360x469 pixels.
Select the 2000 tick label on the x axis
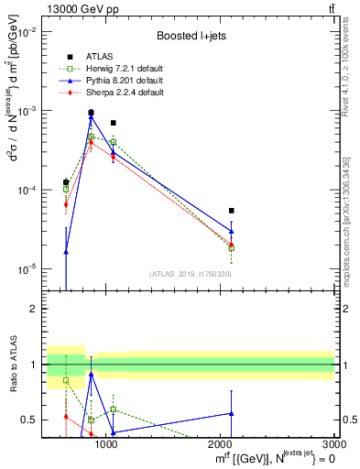[221, 446]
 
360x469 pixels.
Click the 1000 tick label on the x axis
[107, 446]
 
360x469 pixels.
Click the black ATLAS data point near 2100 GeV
[232, 211]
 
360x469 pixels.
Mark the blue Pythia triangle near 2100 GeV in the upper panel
[232, 231]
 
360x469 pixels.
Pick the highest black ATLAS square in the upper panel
[91, 113]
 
